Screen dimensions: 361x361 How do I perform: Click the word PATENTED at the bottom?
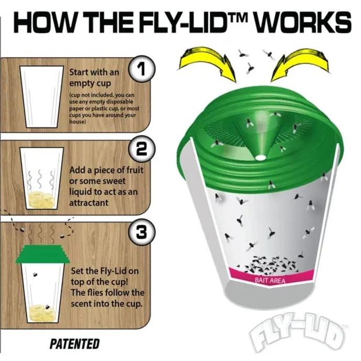point(75,344)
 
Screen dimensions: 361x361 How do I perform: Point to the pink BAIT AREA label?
point(270,280)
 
